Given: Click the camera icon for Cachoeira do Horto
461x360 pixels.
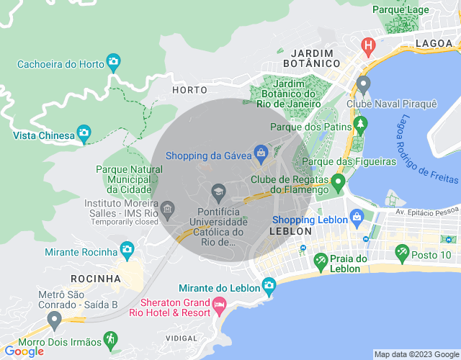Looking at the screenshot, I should (x=113, y=63).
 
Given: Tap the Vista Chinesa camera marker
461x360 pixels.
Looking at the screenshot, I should (x=84, y=133).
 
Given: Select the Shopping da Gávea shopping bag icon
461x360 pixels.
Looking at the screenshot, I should (x=260, y=153).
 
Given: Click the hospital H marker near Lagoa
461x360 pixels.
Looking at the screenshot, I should (x=369, y=47).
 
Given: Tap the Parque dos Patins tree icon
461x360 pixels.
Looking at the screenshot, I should (x=359, y=127).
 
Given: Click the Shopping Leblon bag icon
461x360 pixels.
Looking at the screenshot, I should (x=356, y=217).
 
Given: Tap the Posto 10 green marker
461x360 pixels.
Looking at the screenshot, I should (x=402, y=253).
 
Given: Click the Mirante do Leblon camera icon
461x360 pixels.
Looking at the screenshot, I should (x=269, y=285).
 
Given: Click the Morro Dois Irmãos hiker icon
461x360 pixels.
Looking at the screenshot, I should (x=109, y=338).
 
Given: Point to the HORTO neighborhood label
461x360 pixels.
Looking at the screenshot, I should (x=189, y=90).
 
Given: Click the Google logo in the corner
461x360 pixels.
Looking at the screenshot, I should (x=23, y=351).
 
